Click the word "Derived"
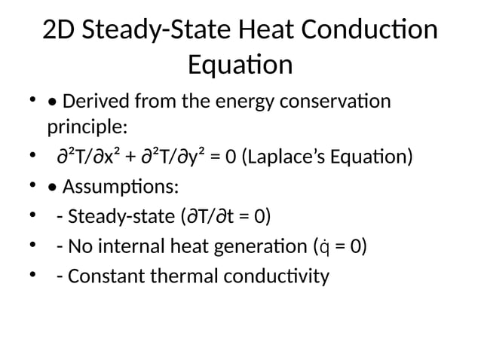click(98, 101)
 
